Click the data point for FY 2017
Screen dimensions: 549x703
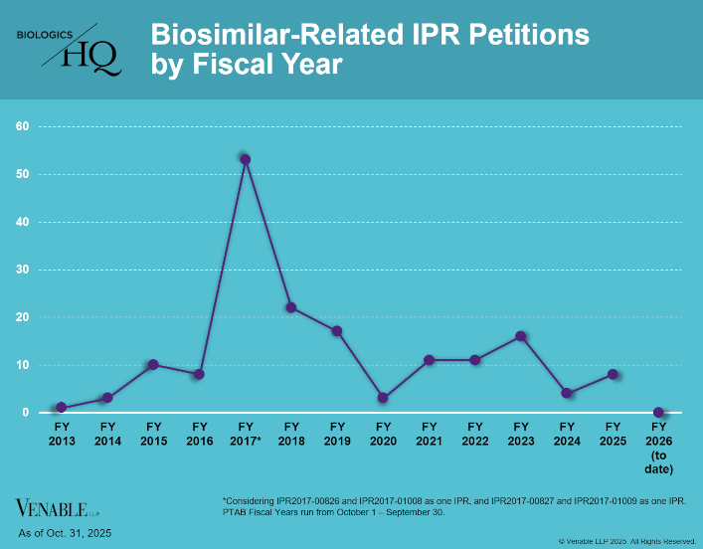pyautogui.click(x=245, y=159)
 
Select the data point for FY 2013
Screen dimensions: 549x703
pyautogui.click(x=62, y=408)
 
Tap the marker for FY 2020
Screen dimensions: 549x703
pyautogui.click(x=383, y=398)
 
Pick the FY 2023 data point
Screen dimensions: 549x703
pyautogui.click(x=520, y=336)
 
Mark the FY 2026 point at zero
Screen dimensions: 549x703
pyautogui.click(x=658, y=412)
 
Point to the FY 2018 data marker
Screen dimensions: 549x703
pyautogui.click(x=291, y=307)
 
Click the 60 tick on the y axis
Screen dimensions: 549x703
pyautogui.click(x=21, y=126)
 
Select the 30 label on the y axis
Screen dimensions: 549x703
pyautogui.click(x=21, y=270)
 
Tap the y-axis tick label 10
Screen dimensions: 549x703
pyautogui.click(x=21, y=365)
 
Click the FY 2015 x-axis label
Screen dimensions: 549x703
pyautogui.click(x=153, y=433)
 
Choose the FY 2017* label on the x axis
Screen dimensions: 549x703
pyautogui.click(x=245, y=433)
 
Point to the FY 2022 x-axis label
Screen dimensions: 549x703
pyautogui.click(x=474, y=433)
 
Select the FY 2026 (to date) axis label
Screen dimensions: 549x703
pyautogui.click(x=658, y=447)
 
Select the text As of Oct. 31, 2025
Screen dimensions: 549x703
pyautogui.click(x=65, y=534)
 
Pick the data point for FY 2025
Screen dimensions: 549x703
pyautogui.click(x=613, y=374)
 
